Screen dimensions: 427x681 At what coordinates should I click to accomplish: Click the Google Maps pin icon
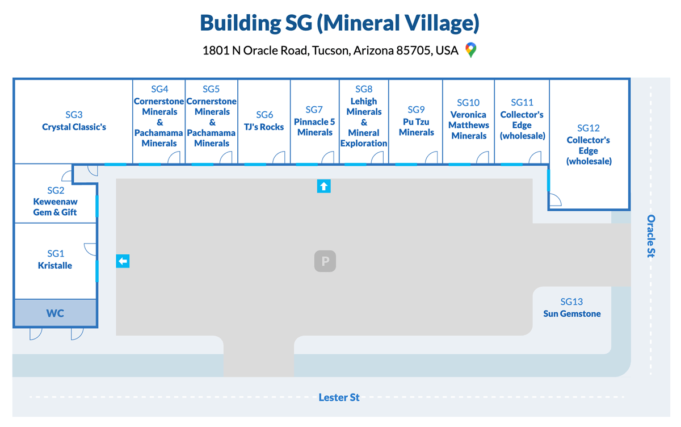pos(470,50)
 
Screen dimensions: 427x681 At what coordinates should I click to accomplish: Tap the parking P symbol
pos(326,261)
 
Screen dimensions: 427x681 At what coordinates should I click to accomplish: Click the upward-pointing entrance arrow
pos(323,186)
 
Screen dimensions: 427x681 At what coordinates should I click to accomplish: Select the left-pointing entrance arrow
pos(123,261)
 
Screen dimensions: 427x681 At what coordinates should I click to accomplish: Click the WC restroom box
pos(55,313)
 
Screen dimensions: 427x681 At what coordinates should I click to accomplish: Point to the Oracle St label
pos(651,236)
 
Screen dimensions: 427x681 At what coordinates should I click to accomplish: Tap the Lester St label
pos(339,397)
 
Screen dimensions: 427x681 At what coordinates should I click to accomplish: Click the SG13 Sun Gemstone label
pos(571,308)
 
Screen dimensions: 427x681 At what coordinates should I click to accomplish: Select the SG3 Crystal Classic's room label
pos(74,122)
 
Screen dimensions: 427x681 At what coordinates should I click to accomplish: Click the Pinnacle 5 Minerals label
pos(314,127)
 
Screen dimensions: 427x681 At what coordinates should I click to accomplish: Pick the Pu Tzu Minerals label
pos(416,127)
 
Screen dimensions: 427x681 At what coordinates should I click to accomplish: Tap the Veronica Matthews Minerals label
pos(469,125)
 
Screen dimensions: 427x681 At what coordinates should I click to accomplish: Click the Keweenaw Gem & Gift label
pos(55,207)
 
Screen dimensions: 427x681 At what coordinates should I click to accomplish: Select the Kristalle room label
pos(55,265)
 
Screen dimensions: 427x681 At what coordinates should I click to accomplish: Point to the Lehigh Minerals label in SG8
pos(364,107)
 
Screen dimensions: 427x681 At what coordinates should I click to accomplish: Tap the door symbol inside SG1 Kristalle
pos(90,249)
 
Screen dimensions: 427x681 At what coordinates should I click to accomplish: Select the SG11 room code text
pos(522,102)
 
